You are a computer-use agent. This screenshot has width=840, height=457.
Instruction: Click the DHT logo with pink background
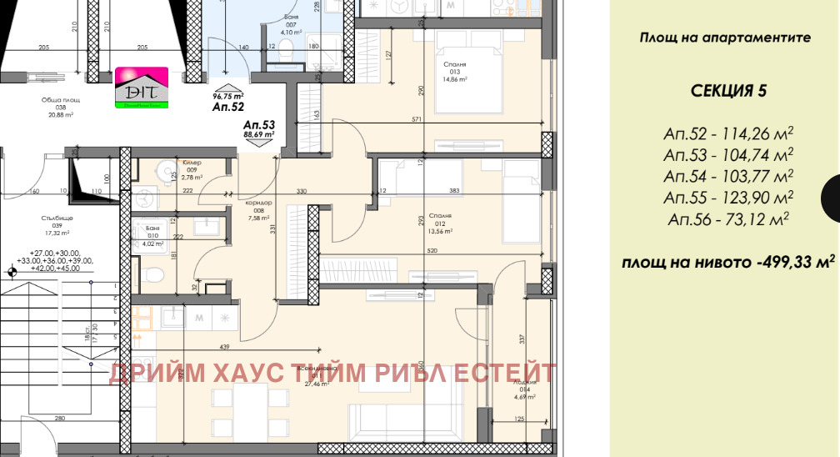[x=142, y=88]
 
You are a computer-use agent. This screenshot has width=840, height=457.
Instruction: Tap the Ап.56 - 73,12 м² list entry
[x=727, y=219]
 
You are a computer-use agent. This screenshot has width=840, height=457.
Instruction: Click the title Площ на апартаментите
[x=725, y=38]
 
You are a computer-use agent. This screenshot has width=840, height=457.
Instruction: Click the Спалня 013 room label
[x=455, y=72]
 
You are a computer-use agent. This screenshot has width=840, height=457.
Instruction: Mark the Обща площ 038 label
[x=60, y=107]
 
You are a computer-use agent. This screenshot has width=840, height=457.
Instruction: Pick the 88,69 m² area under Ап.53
[x=259, y=133]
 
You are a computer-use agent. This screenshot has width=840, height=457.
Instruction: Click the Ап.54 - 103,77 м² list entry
[x=727, y=176]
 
